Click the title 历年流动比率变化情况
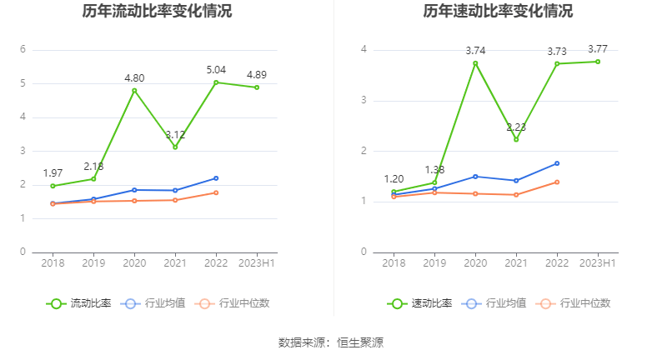158,12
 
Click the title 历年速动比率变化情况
498,12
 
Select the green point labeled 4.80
134,91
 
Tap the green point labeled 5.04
216,82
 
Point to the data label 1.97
53,173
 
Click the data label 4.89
257,75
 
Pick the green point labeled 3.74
475,63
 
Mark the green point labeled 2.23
516,139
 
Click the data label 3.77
598,49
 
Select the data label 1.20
394,179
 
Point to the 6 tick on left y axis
23,50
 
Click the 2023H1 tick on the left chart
257,263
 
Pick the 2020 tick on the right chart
475,263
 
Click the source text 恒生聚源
360,342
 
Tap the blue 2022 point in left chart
216,178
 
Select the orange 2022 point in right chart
557,182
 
